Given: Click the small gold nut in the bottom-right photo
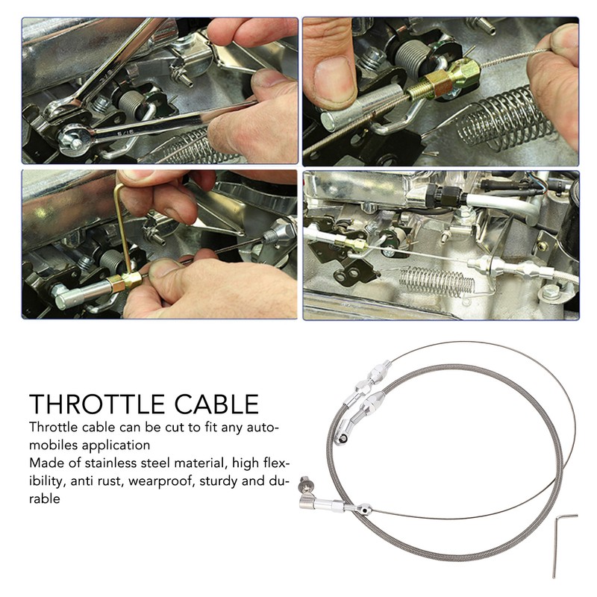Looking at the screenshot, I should tap(358, 244).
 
